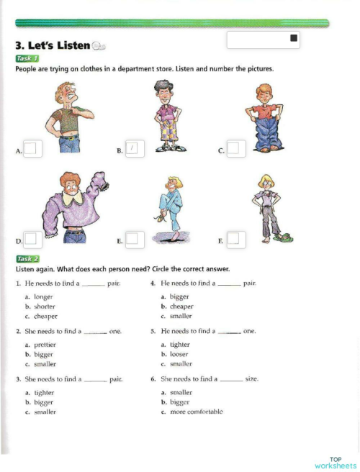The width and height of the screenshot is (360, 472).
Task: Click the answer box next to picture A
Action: (31, 149)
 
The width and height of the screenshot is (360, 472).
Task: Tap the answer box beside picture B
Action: (134, 148)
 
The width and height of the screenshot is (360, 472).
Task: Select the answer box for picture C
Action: (236, 149)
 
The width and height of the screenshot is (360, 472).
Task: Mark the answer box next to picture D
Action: (31, 238)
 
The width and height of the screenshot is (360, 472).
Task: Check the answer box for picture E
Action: (133, 238)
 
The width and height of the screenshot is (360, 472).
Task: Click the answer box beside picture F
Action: (236, 238)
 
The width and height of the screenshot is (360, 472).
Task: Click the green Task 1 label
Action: (27, 58)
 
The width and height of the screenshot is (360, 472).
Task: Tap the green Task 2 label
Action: (27, 258)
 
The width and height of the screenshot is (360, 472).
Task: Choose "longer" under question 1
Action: (43, 296)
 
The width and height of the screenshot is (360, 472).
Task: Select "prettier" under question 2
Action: (45, 345)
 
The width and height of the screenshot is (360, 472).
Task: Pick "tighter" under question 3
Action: (44, 393)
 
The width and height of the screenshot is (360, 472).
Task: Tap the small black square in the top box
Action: (294, 38)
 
